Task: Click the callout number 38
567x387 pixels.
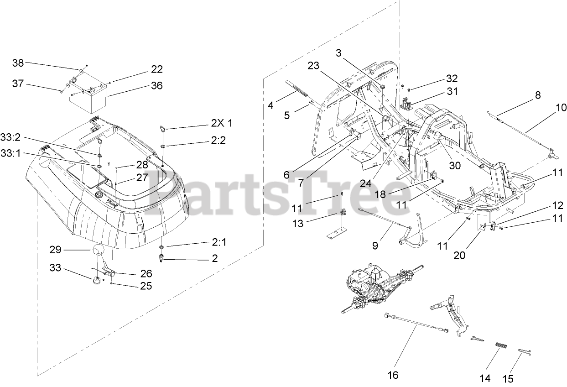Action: pyautogui.click(x=18, y=63)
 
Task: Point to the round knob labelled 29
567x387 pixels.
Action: pyautogui.click(x=99, y=251)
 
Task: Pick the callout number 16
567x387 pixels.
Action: pyautogui.click(x=392, y=375)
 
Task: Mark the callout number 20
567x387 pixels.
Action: pyautogui.click(x=459, y=255)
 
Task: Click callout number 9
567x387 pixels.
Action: pyautogui.click(x=375, y=246)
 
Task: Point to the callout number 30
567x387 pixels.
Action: pyautogui.click(x=454, y=166)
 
